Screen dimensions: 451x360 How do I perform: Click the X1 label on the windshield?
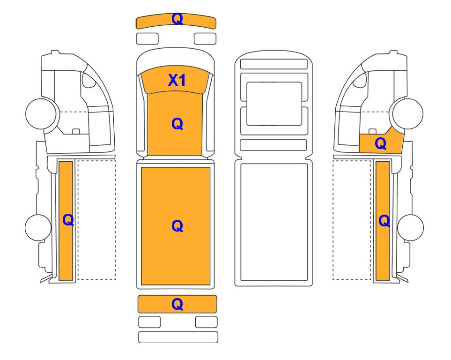(x=177, y=80)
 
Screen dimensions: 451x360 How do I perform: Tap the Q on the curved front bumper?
(x=177, y=19)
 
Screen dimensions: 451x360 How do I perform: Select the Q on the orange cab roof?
(x=177, y=124)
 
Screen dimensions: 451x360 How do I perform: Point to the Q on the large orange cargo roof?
(x=177, y=226)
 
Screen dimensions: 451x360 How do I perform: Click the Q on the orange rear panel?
(x=177, y=304)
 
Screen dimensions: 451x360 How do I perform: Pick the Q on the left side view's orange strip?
(x=68, y=220)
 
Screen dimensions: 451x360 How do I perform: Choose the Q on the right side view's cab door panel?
(x=381, y=143)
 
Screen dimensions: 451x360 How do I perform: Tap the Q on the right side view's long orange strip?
(x=384, y=221)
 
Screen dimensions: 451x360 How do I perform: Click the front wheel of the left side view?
(x=41, y=113)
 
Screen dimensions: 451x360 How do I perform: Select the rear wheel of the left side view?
(x=38, y=227)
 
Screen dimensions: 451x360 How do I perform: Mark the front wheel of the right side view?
(x=408, y=113)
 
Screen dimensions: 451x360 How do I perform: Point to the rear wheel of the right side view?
(x=410, y=227)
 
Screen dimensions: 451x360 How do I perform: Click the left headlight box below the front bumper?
(x=147, y=38)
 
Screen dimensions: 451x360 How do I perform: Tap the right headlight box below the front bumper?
(x=205, y=38)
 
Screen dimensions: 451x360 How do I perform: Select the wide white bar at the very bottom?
(x=178, y=337)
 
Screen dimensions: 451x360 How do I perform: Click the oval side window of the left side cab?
(x=89, y=80)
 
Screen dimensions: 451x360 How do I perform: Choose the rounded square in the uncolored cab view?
(x=274, y=104)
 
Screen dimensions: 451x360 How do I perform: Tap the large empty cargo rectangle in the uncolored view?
(x=274, y=222)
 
